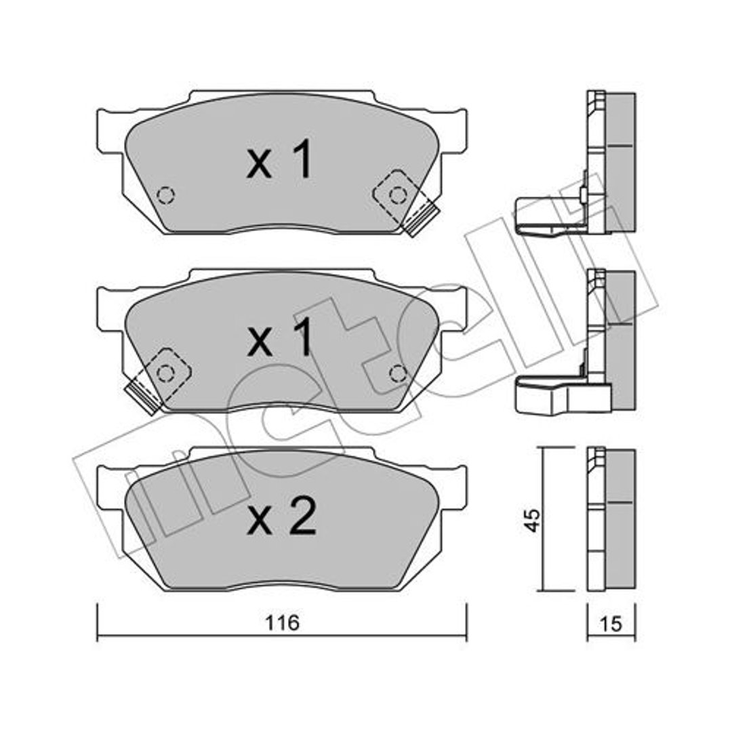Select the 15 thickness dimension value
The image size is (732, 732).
click(611, 624)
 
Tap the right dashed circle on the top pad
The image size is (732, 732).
click(398, 195)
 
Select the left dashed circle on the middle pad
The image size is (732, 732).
click(164, 373)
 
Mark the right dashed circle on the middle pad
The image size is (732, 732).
click(398, 373)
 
